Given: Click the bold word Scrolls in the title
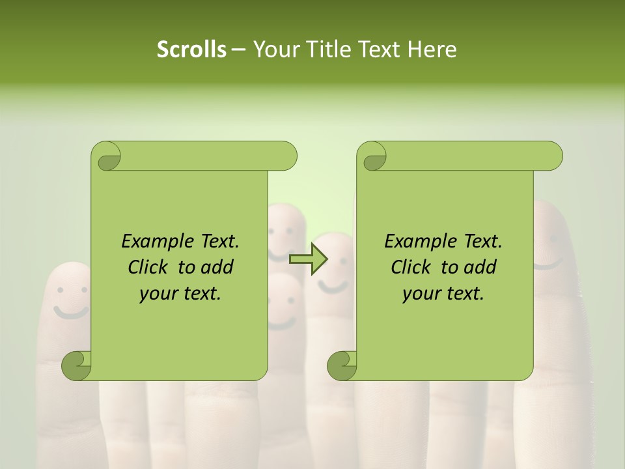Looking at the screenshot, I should click(191, 50).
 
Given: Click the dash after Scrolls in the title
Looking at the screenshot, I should click(238, 50).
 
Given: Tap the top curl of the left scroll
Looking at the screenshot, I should click(106, 157).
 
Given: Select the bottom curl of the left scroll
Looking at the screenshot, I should click(76, 365).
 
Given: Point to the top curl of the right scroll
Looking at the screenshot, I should click(372, 157).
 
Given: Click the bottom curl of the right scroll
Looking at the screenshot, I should click(342, 365).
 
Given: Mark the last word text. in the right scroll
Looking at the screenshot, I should click(463, 294).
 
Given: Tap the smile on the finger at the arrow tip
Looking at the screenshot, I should click(333, 286).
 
